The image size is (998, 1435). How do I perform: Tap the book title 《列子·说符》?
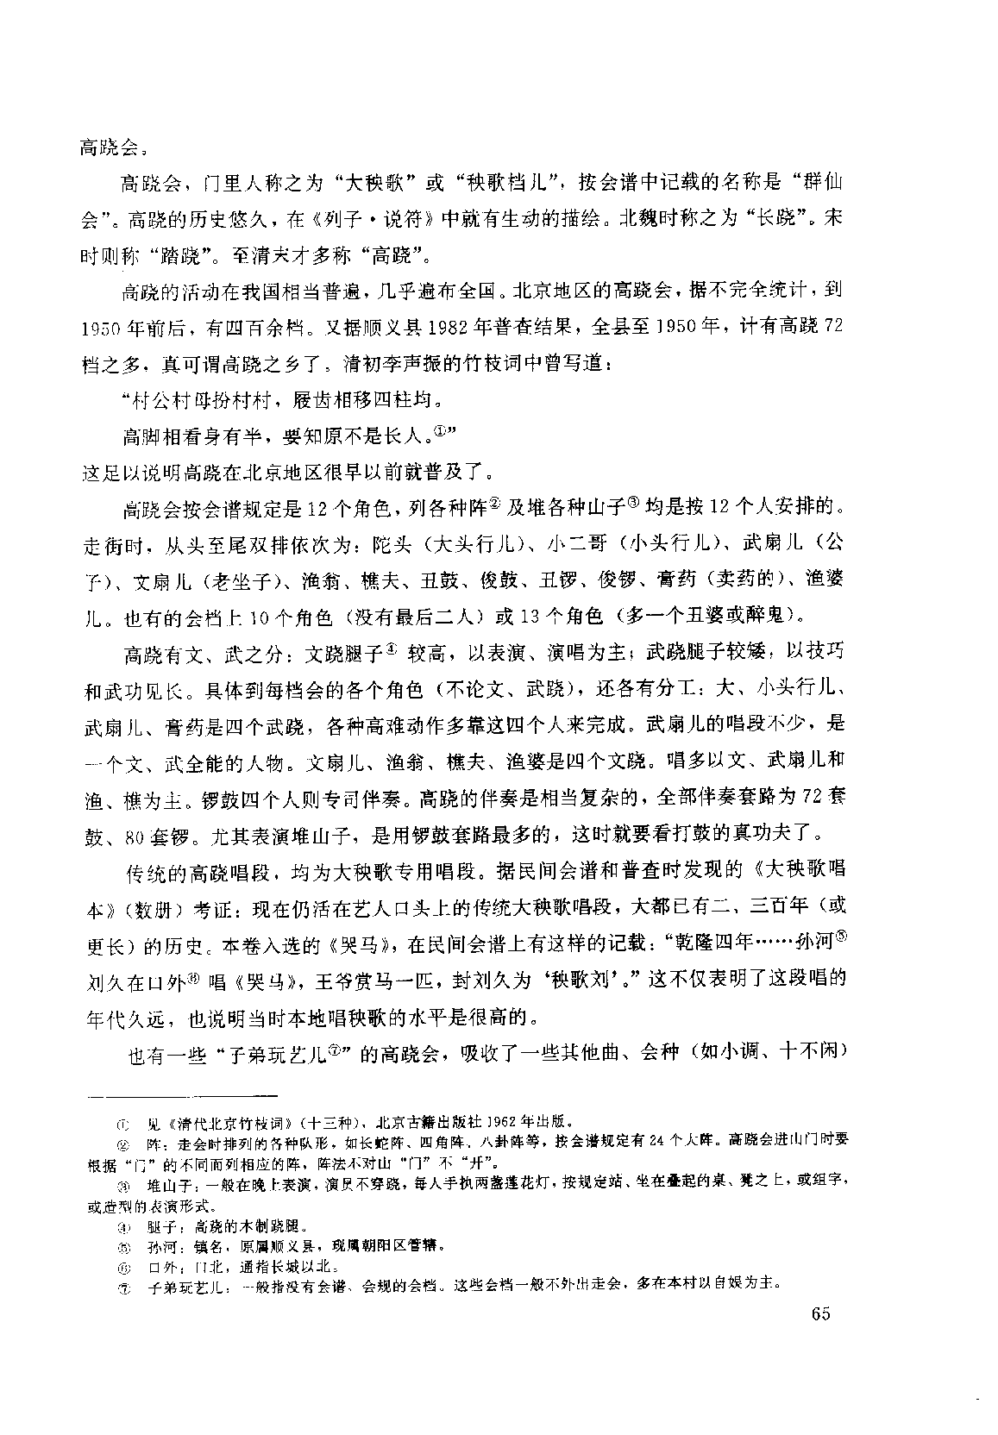pyautogui.click(x=359, y=219)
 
